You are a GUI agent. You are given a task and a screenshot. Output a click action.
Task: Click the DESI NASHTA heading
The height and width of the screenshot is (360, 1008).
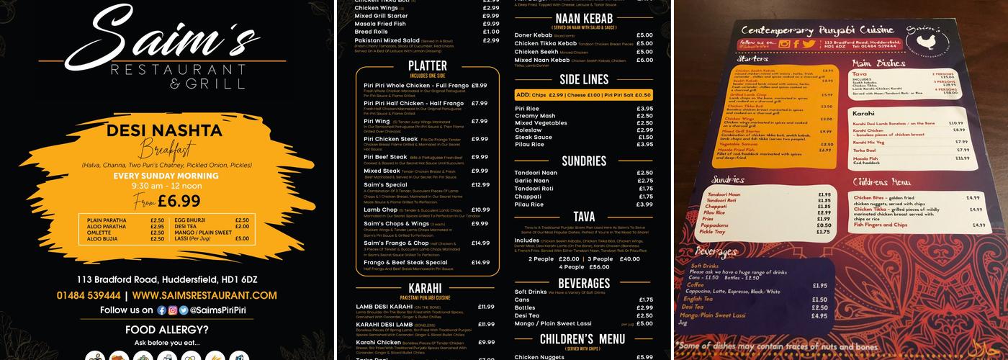point(163,130)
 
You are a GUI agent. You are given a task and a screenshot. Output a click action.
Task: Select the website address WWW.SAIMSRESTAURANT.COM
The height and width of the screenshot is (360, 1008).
point(204,295)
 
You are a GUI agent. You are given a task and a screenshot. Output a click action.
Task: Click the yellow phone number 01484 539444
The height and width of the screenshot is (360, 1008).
point(89,295)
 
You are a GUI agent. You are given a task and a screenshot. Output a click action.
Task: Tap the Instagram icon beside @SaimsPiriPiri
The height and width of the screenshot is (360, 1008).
point(172,310)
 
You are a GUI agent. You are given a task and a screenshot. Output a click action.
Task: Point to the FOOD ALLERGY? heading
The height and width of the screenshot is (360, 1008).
point(166,330)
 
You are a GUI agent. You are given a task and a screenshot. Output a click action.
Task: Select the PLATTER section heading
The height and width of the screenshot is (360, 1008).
point(427,66)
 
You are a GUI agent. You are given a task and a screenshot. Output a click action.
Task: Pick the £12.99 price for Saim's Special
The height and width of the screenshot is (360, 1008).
point(480,185)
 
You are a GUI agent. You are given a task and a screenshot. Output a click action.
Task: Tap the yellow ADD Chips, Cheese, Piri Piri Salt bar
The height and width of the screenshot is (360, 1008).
point(583,95)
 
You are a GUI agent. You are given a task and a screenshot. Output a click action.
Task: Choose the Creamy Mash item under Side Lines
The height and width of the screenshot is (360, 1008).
point(534,116)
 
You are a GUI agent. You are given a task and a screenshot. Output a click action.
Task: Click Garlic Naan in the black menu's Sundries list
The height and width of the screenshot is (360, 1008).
point(531,181)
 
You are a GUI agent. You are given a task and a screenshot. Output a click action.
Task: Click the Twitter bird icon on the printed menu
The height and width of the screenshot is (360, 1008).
point(809,45)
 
